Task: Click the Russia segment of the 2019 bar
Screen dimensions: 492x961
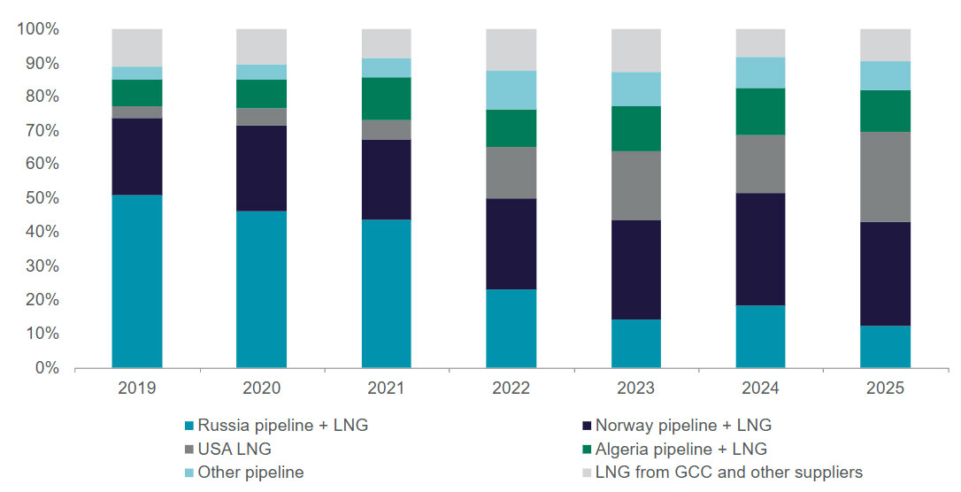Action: (x=136, y=281)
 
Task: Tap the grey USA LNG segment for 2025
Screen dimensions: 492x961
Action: (x=886, y=177)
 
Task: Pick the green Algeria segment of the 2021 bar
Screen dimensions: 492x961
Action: (x=387, y=98)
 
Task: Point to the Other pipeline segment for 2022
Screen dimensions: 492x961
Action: (x=511, y=90)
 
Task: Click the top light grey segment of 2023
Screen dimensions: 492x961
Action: (x=636, y=50)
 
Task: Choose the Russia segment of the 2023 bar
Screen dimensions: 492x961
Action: (x=636, y=343)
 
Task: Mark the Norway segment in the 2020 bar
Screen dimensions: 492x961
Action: (x=261, y=168)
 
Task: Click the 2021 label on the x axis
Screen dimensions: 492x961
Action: (x=387, y=388)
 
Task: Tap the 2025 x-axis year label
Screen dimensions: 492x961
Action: (x=886, y=388)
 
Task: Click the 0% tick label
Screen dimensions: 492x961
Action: (x=46, y=367)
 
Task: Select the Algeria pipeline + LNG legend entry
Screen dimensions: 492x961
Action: (x=681, y=449)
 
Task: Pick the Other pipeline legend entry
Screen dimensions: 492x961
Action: (x=250, y=473)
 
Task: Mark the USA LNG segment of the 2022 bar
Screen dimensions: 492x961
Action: (x=511, y=173)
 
